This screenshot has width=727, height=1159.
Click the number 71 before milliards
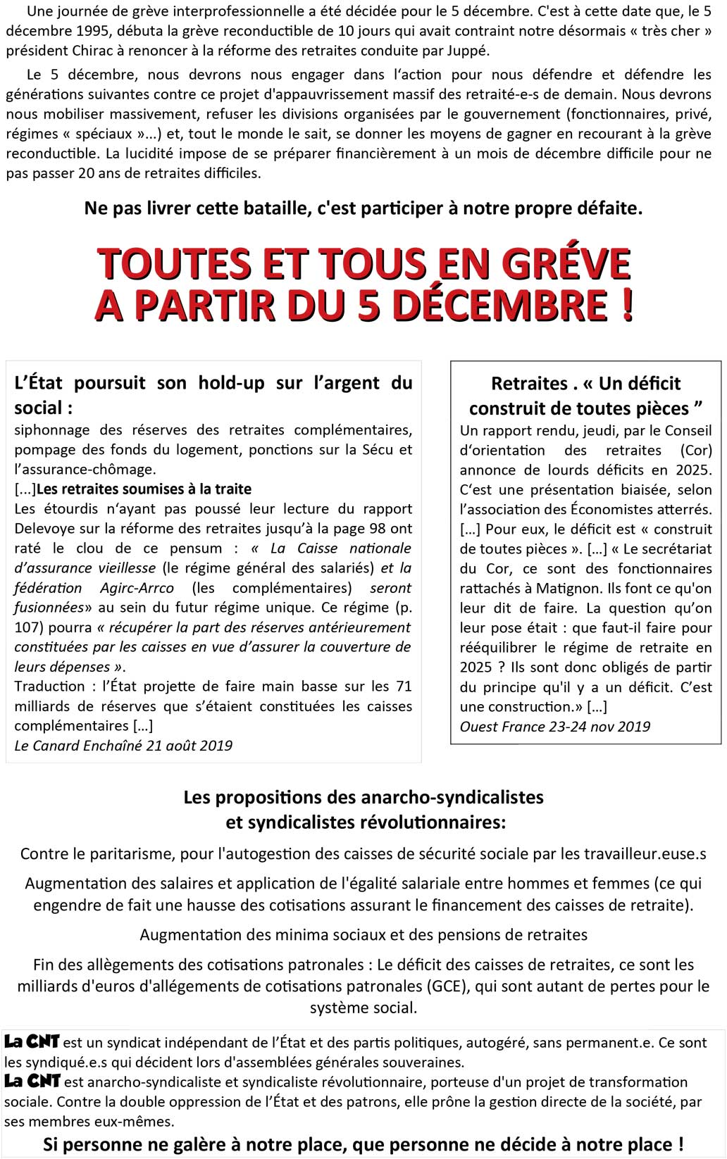404,686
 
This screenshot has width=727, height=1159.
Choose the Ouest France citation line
555,727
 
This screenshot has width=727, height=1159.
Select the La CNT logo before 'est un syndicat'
32,1042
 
